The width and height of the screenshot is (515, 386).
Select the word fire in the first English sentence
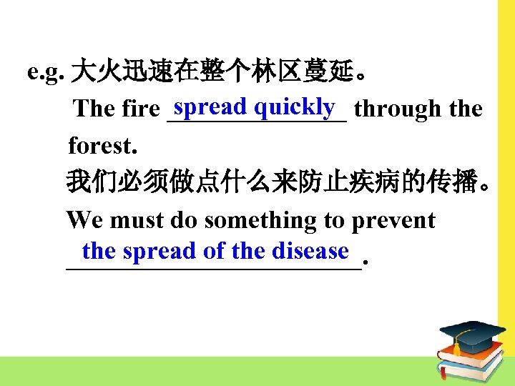click(141, 109)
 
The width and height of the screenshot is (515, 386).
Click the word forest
click(101, 147)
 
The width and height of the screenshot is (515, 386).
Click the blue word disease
click(310, 251)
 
